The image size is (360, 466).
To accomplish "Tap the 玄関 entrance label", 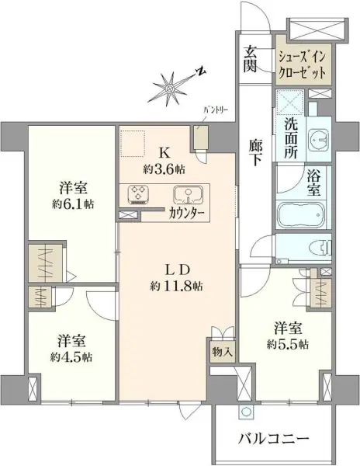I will click(x=251, y=59).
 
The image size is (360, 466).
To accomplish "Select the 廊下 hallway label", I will click(x=254, y=151).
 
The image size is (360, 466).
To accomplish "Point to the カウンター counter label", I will click(x=186, y=211).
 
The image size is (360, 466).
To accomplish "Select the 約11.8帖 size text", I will click(x=177, y=286).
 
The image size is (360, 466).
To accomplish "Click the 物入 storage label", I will click(x=223, y=352).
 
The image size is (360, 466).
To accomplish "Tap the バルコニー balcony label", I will click(x=274, y=439).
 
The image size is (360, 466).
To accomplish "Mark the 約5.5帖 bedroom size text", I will click(x=286, y=343).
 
